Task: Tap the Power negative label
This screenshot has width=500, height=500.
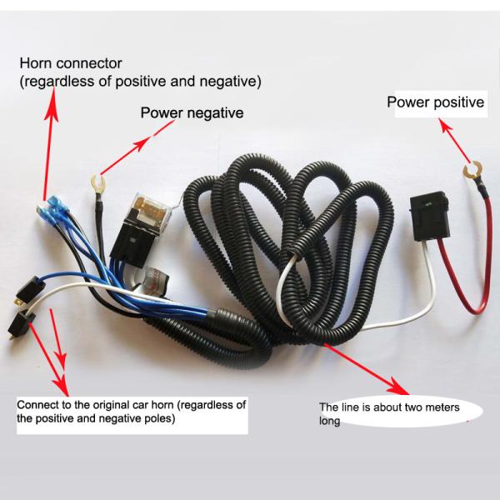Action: point(192,112)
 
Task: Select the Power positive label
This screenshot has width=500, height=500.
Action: point(435,102)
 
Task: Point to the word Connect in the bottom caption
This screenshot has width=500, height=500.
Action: point(38,405)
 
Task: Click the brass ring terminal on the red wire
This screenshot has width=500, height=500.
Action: point(472,174)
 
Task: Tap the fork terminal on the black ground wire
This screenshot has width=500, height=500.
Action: point(96,179)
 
